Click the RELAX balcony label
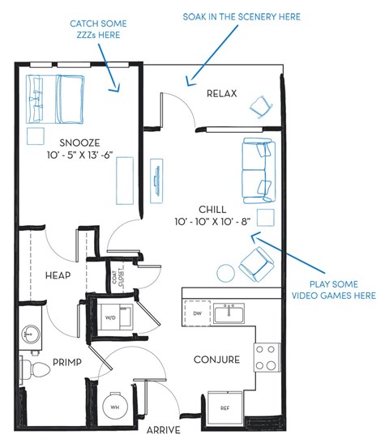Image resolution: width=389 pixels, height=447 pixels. point(221,93)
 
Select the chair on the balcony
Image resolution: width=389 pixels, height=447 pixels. point(262,105)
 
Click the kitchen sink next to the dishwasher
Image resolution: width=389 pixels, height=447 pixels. point(231,311)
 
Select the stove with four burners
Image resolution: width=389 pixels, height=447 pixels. point(267,355)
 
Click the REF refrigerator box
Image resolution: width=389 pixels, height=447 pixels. point(224,405)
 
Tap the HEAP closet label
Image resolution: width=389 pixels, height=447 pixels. point(58,275)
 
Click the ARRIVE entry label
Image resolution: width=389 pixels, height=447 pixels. point(164,429)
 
